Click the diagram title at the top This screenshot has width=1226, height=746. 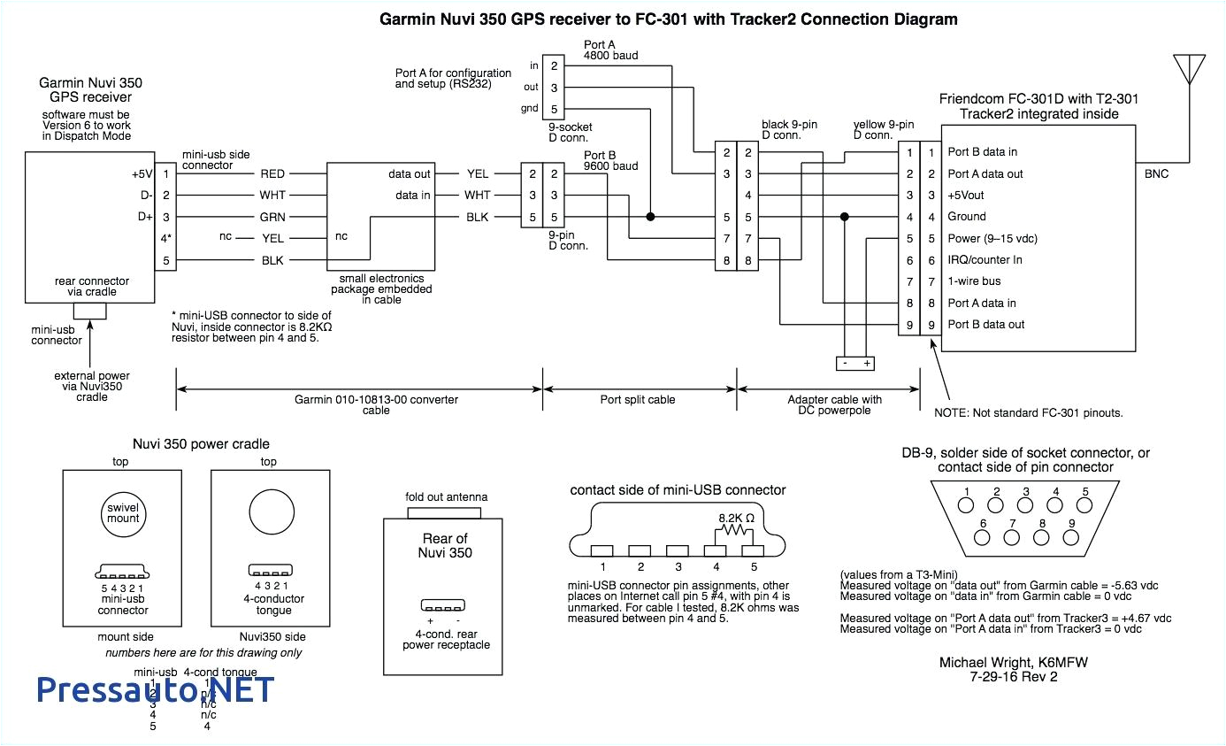click(668, 19)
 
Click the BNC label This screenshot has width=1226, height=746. click(1156, 174)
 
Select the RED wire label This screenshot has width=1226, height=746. click(272, 174)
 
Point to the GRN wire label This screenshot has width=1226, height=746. click(272, 217)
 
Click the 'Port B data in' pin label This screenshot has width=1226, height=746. click(982, 152)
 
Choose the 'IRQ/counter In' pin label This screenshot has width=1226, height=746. click(985, 260)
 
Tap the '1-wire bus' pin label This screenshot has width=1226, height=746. click(974, 281)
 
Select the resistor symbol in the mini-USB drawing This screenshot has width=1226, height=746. click(733, 531)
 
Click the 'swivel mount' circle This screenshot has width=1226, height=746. click(124, 512)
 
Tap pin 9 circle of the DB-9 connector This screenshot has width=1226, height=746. click(1071, 537)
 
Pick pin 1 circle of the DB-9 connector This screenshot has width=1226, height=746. click(967, 506)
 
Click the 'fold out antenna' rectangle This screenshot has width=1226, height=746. click(446, 511)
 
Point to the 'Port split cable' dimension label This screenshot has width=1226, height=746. click(638, 400)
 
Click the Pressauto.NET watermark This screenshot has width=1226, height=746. click(156, 688)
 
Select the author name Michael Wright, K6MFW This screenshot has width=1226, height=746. click(998, 662)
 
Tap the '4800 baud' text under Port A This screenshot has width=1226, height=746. click(610, 56)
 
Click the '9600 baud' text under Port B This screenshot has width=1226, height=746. click(610, 165)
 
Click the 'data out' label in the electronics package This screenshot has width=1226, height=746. click(410, 174)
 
